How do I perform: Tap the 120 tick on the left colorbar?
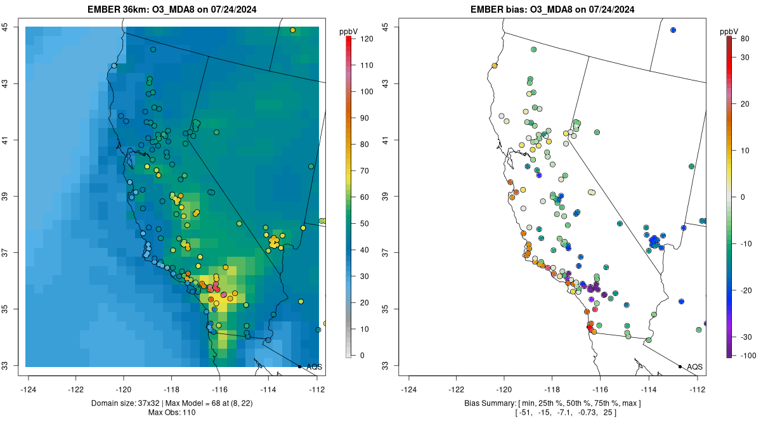pyautogui.click(x=365, y=39)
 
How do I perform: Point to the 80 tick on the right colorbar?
pyautogui.click(x=745, y=39)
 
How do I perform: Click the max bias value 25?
pyautogui.click(x=610, y=413)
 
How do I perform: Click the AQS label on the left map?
pyautogui.click(x=314, y=366)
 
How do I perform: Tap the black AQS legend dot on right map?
pyautogui.click(x=680, y=366)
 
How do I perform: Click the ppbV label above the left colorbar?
pyautogui.click(x=348, y=31)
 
